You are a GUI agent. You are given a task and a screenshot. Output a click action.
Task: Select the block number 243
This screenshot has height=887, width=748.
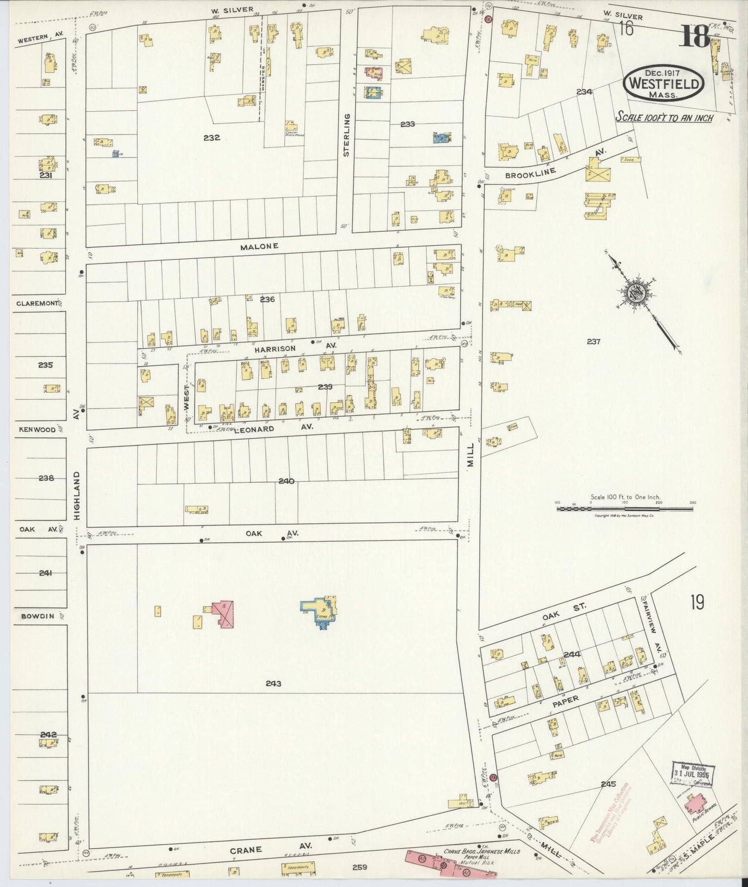click(273, 684)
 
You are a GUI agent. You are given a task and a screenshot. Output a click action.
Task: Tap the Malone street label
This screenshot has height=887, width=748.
click(259, 247)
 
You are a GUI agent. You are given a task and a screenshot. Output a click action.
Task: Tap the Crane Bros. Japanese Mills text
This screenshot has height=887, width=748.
click(482, 851)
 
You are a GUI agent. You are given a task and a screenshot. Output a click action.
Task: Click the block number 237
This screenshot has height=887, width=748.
click(593, 342)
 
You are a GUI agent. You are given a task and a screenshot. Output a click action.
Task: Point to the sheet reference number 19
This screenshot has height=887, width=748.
click(696, 602)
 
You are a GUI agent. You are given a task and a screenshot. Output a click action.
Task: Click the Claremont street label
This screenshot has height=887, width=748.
click(37, 303)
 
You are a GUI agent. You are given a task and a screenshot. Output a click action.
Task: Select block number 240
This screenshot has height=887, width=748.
click(286, 481)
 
